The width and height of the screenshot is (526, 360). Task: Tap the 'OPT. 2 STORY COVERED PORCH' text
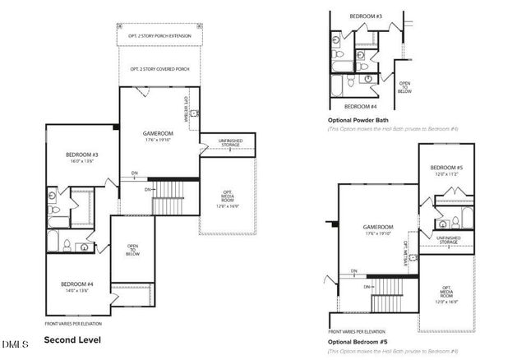click(159, 70)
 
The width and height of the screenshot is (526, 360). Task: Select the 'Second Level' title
click(73, 339)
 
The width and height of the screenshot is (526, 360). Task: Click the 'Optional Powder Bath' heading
click(358, 120)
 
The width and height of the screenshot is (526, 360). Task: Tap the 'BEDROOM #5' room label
click(446, 167)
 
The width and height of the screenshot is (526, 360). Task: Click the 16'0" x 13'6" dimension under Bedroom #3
click(82, 161)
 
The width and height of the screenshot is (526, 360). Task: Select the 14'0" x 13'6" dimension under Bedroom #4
click(77, 290)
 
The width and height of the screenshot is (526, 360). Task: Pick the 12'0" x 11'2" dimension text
click(446, 174)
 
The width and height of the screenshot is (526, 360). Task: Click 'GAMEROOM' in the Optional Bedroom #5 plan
click(378, 227)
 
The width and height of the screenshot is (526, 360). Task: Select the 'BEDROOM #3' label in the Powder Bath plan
click(366, 16)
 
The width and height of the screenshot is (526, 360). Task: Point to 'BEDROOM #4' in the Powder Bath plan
click(361, 106)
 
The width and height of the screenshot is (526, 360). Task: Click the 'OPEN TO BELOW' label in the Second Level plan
click(132, 250)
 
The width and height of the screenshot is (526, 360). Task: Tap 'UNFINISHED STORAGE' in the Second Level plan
click(229, 144)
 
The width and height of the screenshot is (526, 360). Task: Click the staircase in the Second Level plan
click(172, 196)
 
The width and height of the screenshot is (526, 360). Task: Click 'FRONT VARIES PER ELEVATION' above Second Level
click(77, 323)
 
